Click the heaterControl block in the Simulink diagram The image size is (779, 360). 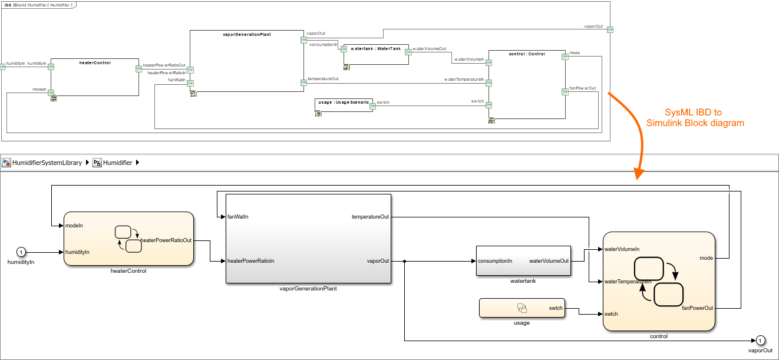coord(128,239)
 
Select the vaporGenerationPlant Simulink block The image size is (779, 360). coord(308,239)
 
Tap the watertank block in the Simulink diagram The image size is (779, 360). coord(523,260)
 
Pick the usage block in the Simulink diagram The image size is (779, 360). coord(521,308)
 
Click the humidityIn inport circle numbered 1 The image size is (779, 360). coord(21,252)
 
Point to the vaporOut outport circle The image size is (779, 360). coord(760,341)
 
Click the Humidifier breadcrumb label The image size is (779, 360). coord(117,163)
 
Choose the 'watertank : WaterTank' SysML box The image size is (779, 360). coord(375,54)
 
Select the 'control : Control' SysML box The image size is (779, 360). coord(526,85)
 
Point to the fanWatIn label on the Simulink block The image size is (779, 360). coord(238,216)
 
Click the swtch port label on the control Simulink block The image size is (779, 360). coord(611,314)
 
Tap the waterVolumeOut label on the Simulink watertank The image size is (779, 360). coord(549,261)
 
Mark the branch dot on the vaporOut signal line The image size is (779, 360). coord(405,261)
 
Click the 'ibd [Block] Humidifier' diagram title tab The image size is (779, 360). coord(39,5)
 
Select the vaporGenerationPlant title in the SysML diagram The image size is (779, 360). coord(246,35)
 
